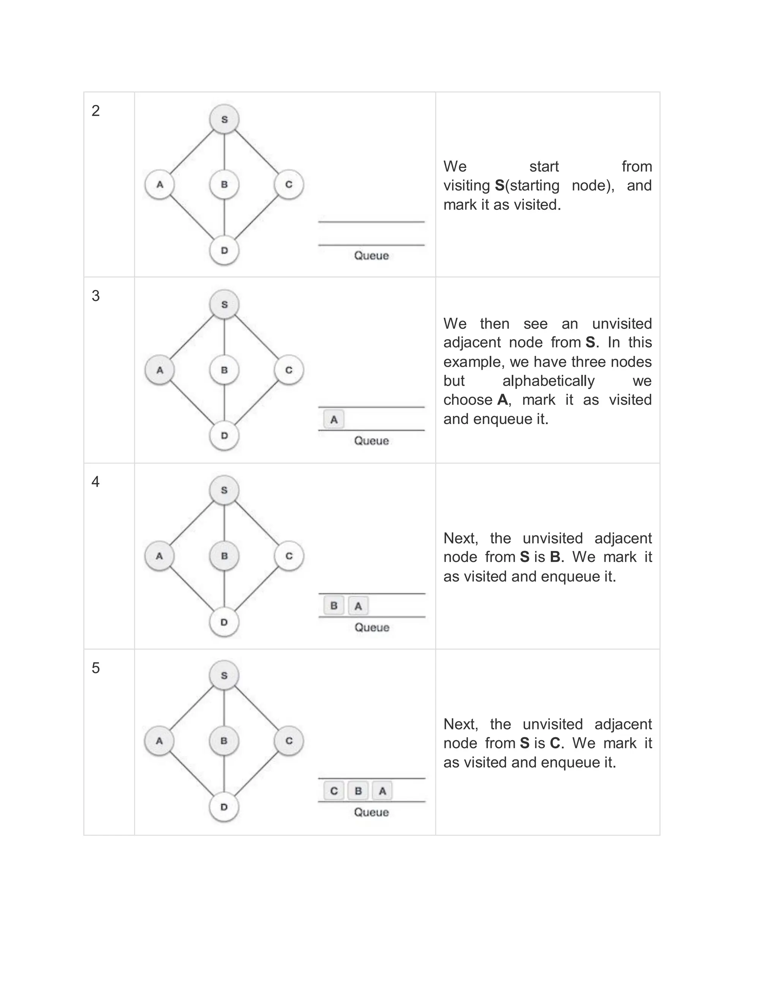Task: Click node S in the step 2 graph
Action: click(224, 119)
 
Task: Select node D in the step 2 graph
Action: click(224, 250)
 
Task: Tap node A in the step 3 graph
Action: click(160, 370)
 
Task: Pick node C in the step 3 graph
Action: click(289, 370)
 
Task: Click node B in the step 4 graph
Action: click(224, 556)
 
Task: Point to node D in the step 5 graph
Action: click(224, 807)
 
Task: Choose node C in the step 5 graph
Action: click(289, 741)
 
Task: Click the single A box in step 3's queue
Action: click(334, 420)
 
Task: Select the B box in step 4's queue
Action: click(334, 605)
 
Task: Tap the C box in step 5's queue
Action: click(334, 791)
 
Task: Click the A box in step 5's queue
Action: click(382, 791)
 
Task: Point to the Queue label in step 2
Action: click(372, 255)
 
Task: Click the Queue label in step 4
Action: click(372, 627)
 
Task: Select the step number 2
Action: click(95, 111)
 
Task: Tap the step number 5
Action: click(95, 668)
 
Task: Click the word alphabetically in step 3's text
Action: click(549, 381)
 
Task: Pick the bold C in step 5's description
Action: click(555, 743)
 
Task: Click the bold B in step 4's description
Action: click(555, 557)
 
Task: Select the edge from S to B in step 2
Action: click(224, 152)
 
